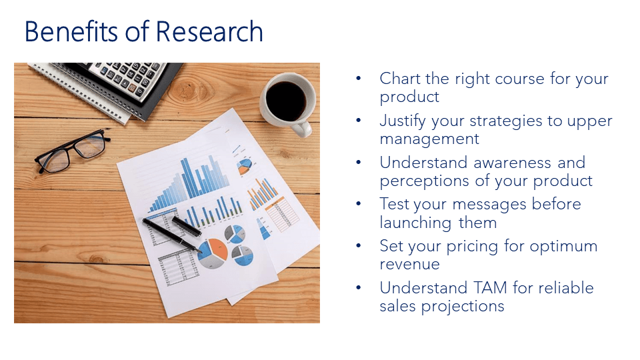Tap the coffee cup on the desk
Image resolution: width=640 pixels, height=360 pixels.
coord(286,100)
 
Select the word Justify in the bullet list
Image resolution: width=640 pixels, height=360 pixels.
coord(405,121)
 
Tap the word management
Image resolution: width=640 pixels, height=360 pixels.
coord(429,139)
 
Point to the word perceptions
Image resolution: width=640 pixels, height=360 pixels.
coord(427,181)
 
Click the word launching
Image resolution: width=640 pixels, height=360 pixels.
coord(417,222)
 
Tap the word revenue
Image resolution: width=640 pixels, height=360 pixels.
coord(409,264)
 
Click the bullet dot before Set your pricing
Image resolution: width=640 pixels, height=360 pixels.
coord(359,246)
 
